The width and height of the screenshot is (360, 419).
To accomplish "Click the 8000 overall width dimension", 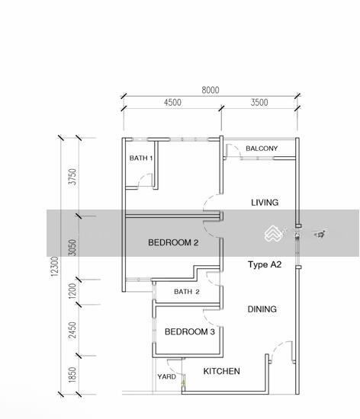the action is pos(211,90).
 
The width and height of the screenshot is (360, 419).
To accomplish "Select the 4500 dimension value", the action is pos(172,102).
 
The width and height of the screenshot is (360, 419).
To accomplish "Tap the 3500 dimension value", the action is pos(259,102).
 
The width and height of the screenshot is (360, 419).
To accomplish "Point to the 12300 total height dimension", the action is pos(55,267).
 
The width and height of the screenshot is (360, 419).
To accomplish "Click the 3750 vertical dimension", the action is pos(72,177).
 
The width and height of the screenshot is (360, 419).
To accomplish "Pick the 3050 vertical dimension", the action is pos(72,248).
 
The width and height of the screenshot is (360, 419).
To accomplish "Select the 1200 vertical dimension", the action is pos(72,291).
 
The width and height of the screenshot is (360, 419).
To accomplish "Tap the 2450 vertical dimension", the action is pos(72,331).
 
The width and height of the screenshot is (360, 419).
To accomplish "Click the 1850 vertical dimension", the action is pos(72,375).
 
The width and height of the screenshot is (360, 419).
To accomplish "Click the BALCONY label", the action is pos(262,149).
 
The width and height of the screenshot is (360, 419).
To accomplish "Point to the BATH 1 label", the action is pos(141,158).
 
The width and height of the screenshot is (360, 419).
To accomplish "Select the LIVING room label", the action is pos(265,203).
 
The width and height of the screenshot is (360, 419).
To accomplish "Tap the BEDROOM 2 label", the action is pos(173,242).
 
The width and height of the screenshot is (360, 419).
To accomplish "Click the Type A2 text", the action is pos(265,264).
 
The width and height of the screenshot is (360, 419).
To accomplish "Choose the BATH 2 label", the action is pos(187,292).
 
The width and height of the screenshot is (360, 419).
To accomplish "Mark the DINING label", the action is pos(262,309).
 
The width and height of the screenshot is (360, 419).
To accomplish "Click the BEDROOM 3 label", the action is pos(190,331).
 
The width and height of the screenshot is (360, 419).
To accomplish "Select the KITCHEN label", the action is pos(221,371).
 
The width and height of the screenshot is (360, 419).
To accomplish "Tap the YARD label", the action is pos(166,376).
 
